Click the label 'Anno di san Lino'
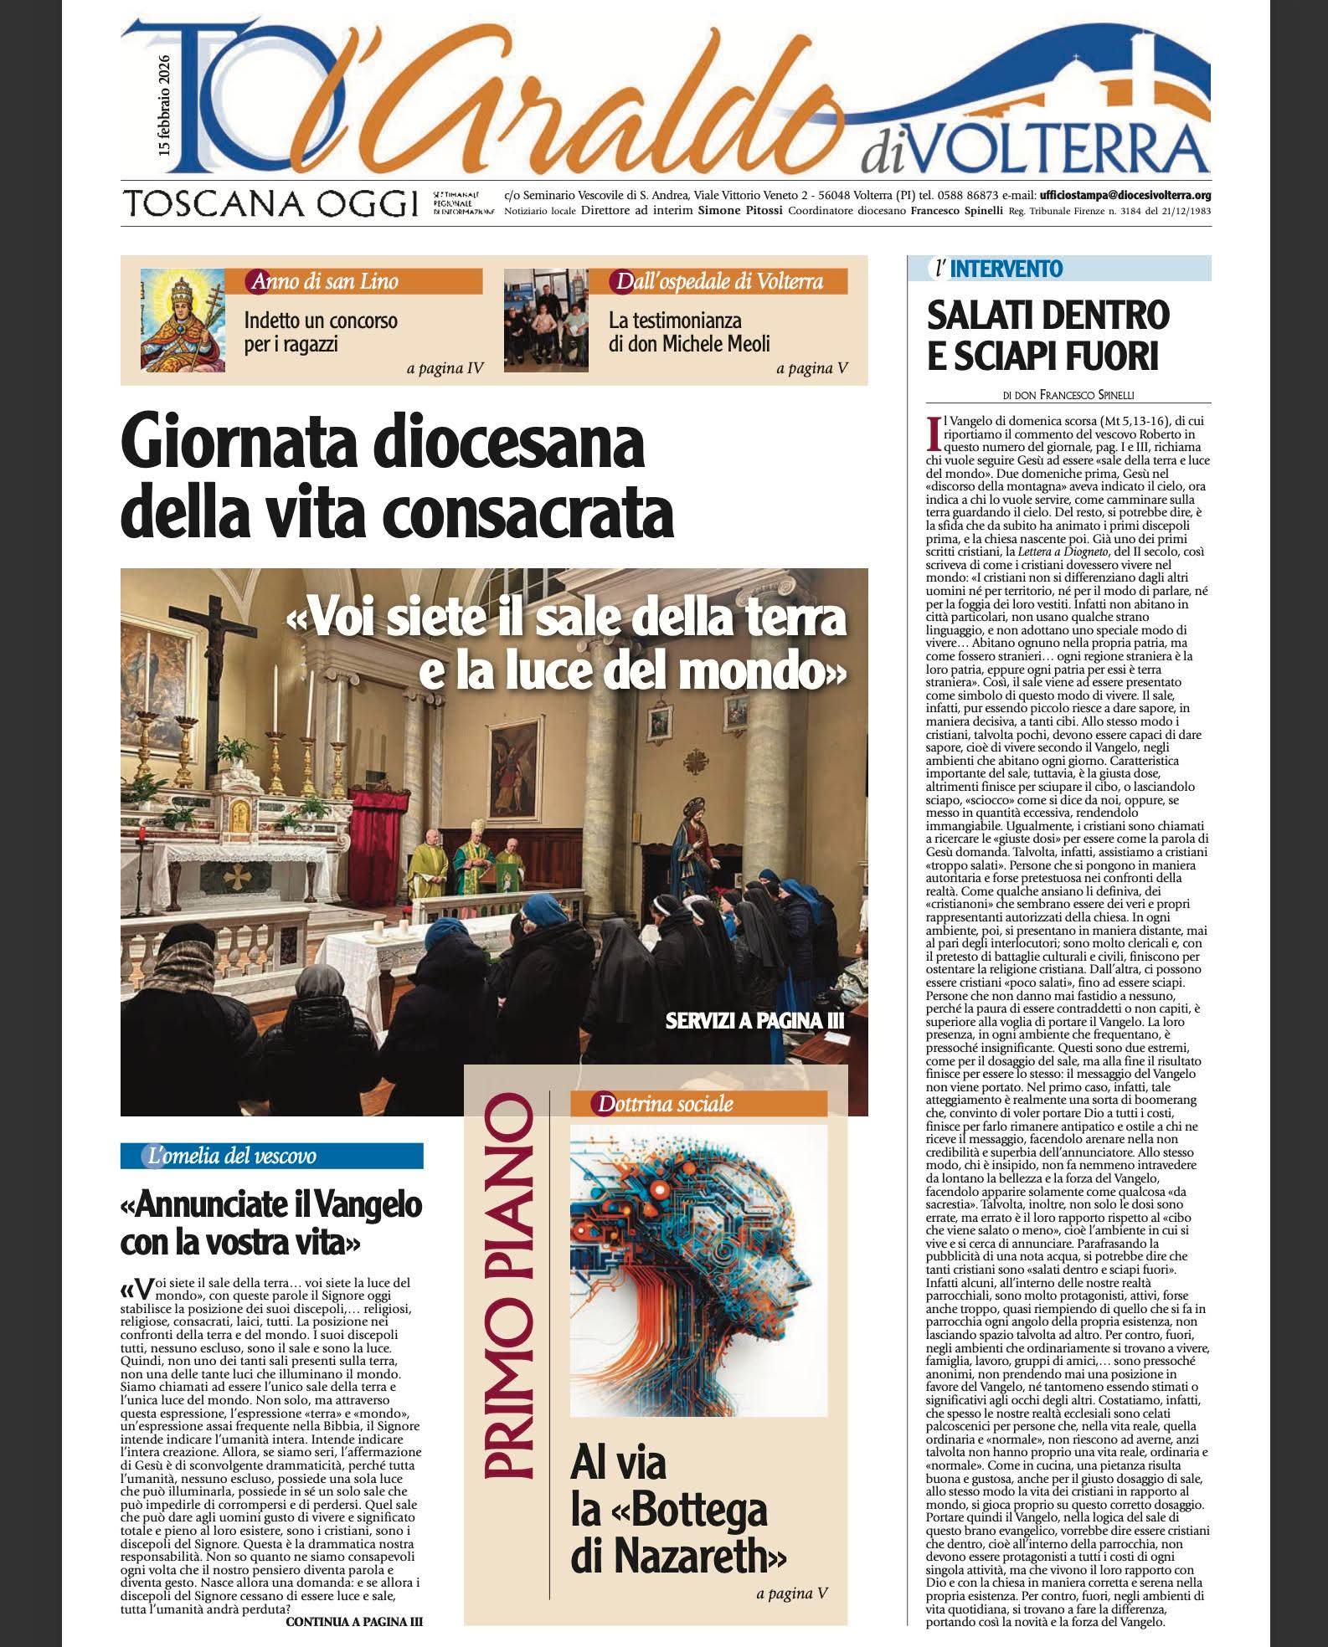pos(321,281)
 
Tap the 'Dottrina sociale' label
pos(664,1105)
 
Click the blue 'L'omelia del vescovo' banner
pos(271,1157)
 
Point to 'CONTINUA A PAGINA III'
pos(354,1621)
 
